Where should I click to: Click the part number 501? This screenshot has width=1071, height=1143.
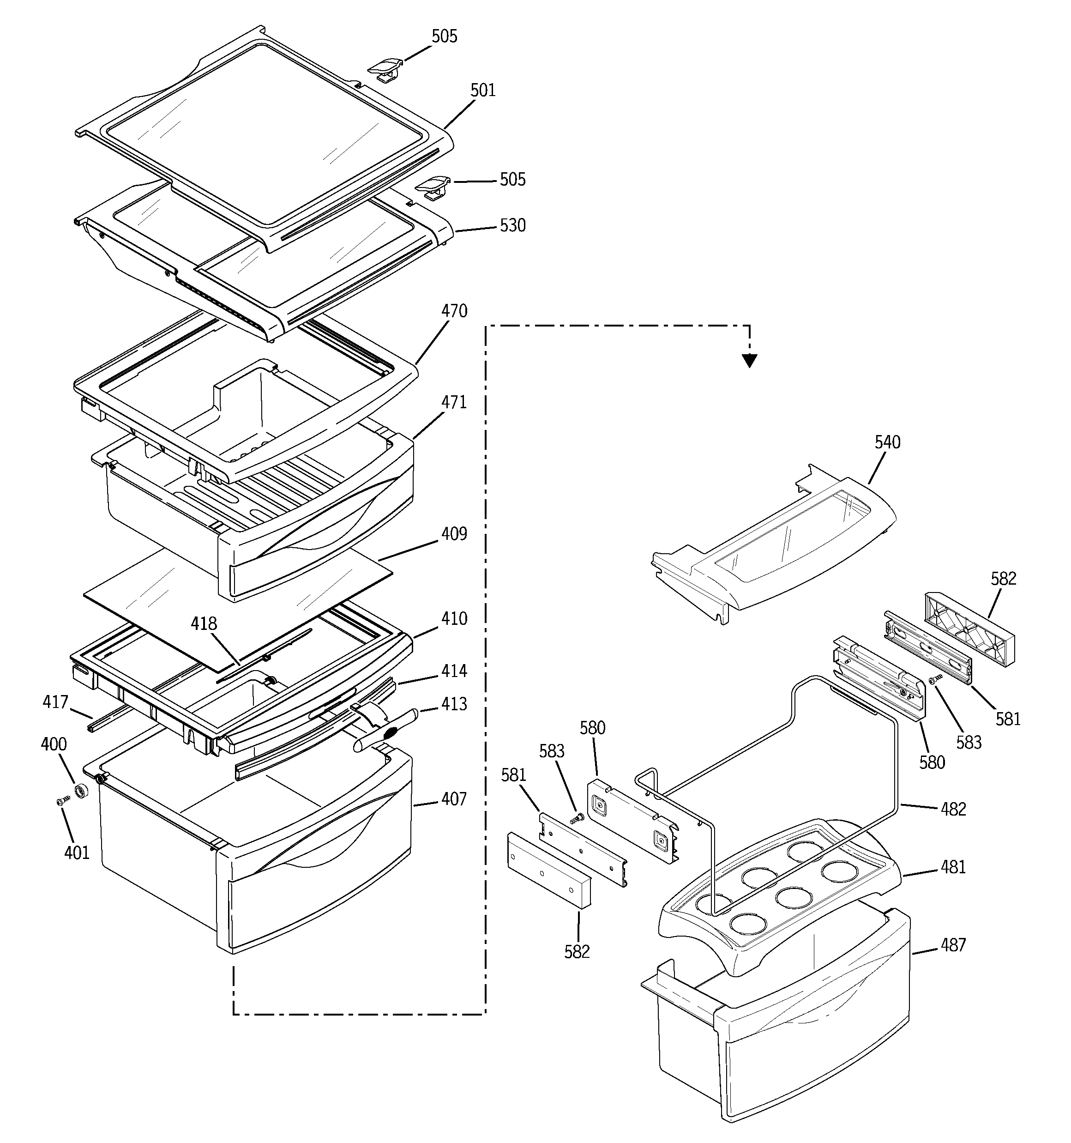pos(482,90)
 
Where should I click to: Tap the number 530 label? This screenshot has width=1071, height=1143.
pos(512,225)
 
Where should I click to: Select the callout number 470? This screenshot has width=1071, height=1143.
pos(454,311)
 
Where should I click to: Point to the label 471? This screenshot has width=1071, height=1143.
pos(454,402)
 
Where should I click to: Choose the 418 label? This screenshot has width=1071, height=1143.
pos(204,624)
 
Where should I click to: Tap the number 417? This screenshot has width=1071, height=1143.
pos(55,702)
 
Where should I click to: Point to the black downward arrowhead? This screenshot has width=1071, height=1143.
pos(749,361)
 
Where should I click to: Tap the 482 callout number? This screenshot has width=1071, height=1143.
pos(953,809)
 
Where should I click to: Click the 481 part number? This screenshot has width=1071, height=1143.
pos(953,866)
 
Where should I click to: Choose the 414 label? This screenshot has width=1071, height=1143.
pos(454,671)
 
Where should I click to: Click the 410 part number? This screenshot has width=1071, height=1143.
pos(454,619)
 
